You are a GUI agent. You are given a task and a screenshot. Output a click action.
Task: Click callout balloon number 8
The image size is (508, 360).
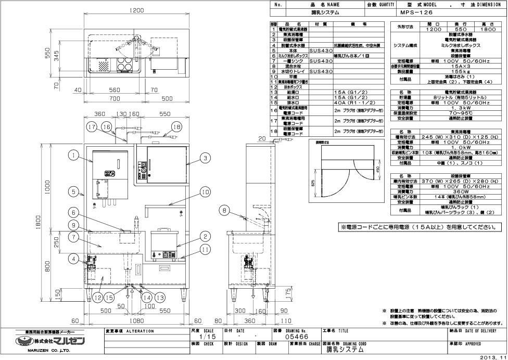(224, 210)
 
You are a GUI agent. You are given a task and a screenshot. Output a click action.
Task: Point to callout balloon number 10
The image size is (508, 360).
(204, 192)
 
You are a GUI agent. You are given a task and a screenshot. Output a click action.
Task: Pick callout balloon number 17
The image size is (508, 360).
(92, 126)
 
